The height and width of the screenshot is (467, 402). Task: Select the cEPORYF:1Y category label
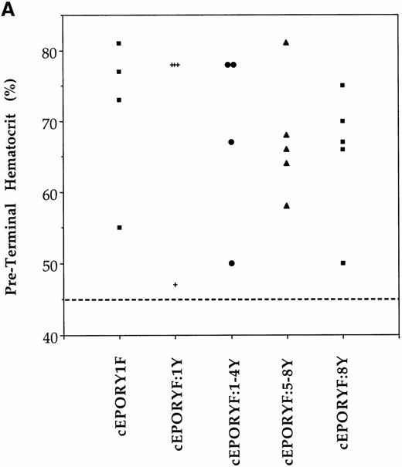176,401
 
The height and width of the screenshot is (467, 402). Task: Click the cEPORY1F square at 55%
119,228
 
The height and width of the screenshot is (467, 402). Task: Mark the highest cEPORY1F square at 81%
119,43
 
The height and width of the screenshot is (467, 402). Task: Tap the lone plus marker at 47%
175,285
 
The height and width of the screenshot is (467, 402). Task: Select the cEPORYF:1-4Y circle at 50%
231,263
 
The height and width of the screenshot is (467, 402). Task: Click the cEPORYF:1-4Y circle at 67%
231,142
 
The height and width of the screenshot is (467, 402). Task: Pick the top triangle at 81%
287,42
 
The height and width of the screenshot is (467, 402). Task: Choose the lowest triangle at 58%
287,205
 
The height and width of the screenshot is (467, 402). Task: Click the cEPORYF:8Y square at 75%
342,86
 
